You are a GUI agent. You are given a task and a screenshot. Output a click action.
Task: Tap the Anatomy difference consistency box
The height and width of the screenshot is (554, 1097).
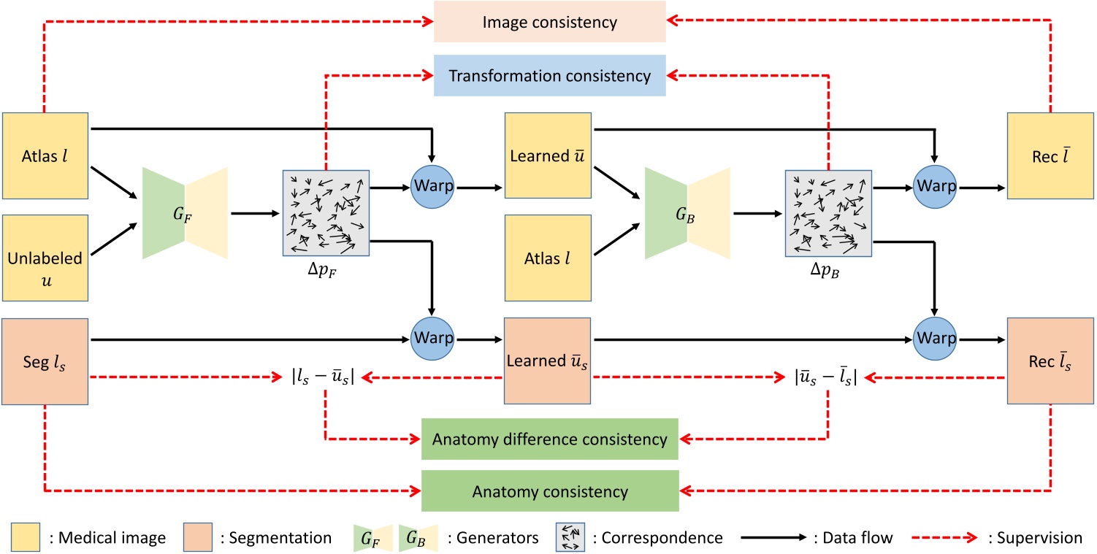pos(549,439)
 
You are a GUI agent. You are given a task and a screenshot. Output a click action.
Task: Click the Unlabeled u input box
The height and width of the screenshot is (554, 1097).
pos(45,258)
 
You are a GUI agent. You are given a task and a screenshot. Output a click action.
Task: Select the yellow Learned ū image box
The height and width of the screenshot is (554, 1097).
pos(548,155)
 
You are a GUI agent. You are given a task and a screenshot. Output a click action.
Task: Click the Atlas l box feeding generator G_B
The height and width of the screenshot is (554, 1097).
pos(548,258)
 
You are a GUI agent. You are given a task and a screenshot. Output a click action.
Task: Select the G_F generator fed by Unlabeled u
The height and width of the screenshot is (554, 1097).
pos(186,213)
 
